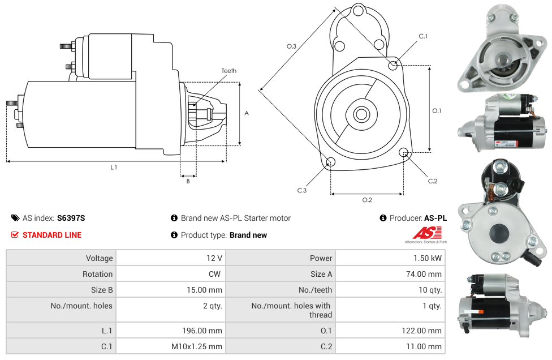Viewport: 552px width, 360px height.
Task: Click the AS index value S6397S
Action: (71, 218)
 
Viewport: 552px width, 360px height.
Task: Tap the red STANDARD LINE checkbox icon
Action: (15, 234)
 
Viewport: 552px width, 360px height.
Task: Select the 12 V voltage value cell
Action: (171, 258)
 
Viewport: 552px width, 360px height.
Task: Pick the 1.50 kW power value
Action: (428, 258)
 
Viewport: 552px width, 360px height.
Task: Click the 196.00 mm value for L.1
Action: (202, 331)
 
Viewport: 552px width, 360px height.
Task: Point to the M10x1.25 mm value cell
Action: (171, 346)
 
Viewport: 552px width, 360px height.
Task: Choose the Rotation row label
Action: (97, 274)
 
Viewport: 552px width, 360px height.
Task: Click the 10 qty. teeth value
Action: (430, 290)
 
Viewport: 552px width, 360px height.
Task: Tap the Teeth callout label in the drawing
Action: (229, 71)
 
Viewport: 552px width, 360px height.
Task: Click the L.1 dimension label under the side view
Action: (114, 168)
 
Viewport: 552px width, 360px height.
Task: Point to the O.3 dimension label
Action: (291, 46)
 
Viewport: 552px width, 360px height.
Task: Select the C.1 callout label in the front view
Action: (423, 36)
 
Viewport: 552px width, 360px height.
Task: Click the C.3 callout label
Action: (302, 191)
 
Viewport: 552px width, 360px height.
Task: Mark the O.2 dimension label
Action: (367, 200)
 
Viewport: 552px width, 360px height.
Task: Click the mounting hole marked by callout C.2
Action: (403, 152)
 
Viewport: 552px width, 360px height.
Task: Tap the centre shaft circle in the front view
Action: (361, 114)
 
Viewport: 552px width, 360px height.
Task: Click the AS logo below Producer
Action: (426, 234)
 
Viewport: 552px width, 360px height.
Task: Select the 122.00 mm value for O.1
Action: (421, 331)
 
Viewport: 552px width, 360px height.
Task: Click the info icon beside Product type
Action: (174, 234)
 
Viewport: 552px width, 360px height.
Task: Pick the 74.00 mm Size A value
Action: (424, 274)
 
